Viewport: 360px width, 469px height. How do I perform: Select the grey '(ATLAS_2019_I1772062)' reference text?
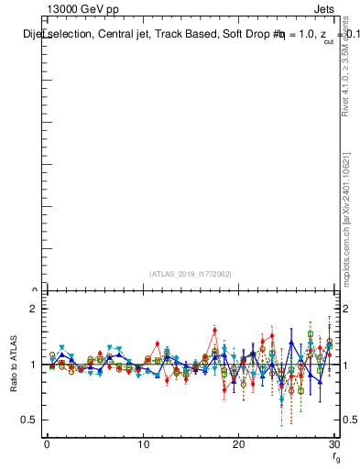(191, 274)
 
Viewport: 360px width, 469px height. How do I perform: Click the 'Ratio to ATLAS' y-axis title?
(14, 365)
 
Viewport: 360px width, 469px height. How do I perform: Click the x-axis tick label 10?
(143, 444)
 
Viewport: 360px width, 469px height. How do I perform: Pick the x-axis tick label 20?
(238, 444)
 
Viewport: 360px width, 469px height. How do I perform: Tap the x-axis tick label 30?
(333, 444)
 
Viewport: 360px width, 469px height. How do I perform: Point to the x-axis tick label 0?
(47, 444)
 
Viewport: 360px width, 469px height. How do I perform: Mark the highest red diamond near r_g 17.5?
(214, 331)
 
